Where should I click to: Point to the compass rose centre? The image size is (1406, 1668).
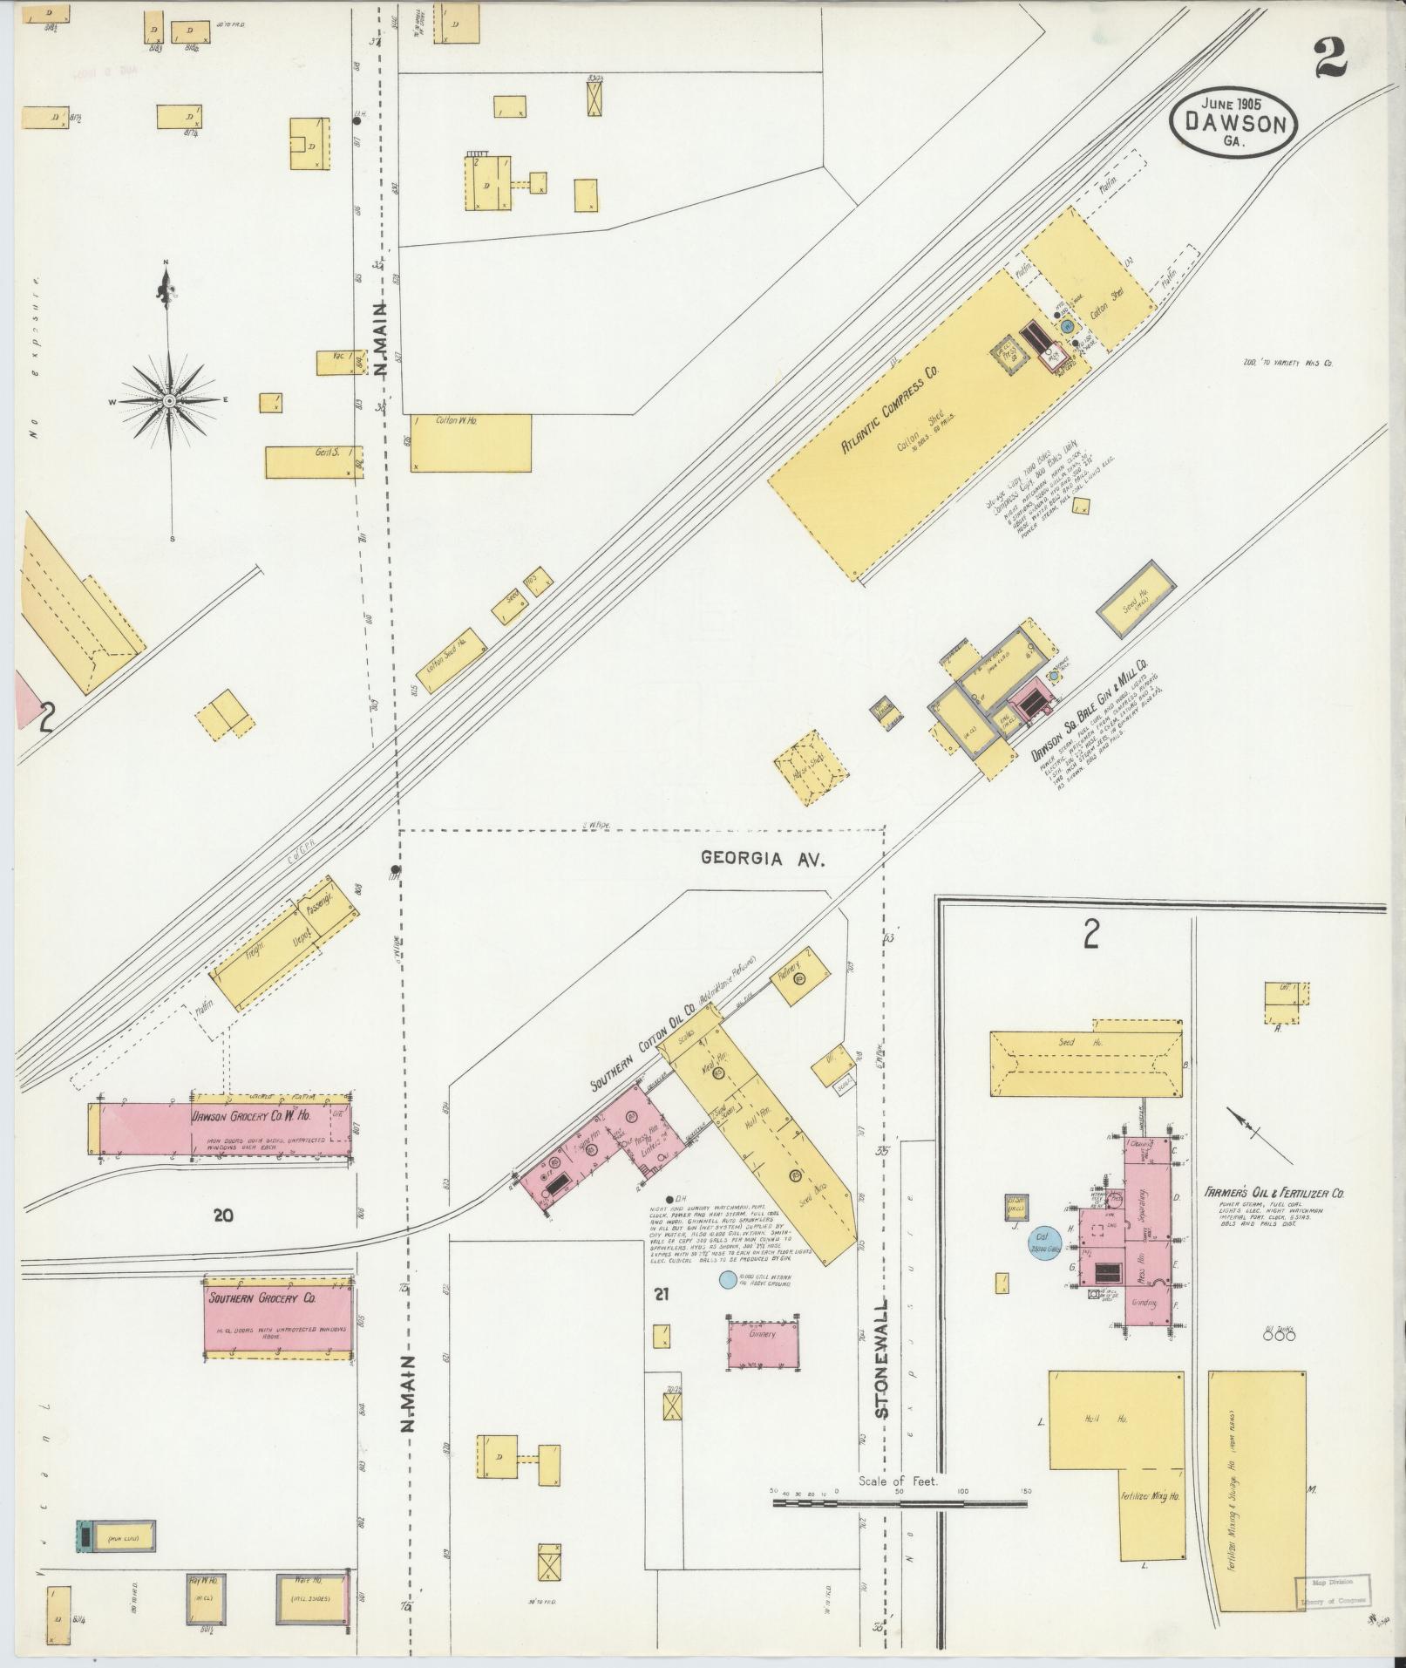pos(169,400)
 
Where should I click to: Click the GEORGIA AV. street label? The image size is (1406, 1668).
pos(763,858)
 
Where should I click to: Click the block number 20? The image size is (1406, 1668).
pos(223,1214)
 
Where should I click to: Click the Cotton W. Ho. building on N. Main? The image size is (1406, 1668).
pos(471,442)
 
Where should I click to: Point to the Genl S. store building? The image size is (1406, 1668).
pos(314,462)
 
